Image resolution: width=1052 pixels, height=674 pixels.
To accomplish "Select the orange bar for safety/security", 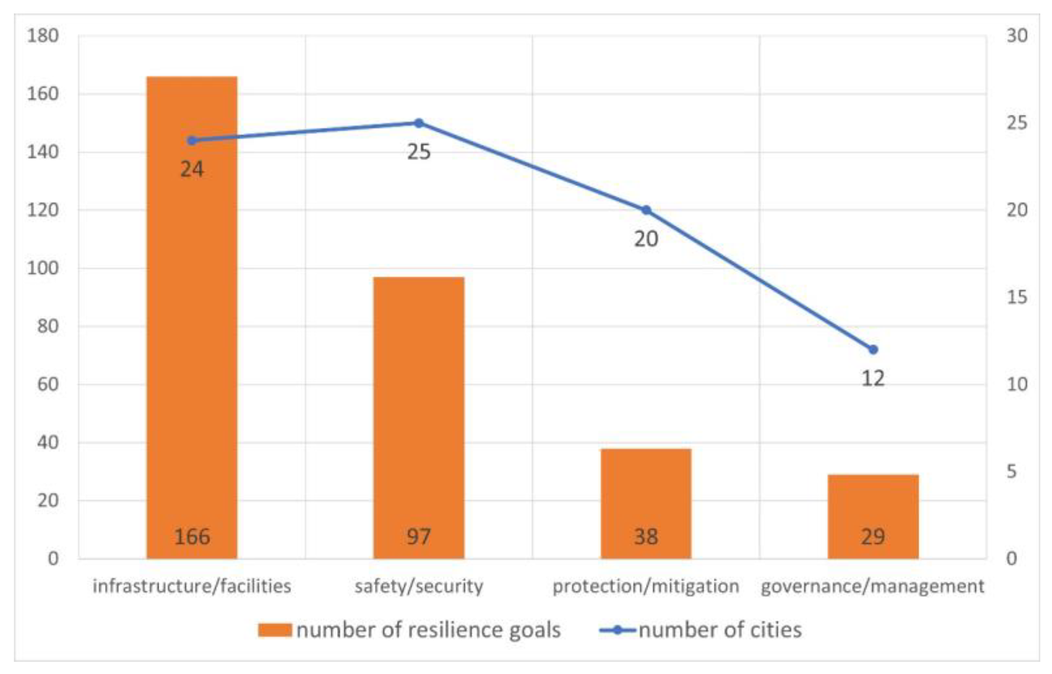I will (x=419, y=416).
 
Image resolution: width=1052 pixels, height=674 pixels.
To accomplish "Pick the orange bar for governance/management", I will (x=873, y=503).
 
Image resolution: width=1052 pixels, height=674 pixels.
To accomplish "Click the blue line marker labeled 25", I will (x=419, y=123).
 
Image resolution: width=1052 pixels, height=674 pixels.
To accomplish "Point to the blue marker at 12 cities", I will (x=873, y=350).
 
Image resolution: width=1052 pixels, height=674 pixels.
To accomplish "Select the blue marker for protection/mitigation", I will (x=646, y=210).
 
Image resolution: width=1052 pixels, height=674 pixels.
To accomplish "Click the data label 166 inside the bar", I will (x=192, y=536).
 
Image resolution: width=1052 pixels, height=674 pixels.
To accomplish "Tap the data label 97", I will (x=419, y=536).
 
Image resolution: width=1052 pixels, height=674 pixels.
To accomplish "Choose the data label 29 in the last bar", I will (x=873, y=536).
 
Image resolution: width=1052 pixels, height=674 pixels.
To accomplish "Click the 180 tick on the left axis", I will (x=43, y=36).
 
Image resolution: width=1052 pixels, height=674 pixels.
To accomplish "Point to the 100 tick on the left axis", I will (x=43, y=268).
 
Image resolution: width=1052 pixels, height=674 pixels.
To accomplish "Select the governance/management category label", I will (x=873, y=586).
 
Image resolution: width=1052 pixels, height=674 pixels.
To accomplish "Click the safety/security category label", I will (x=419, y=586).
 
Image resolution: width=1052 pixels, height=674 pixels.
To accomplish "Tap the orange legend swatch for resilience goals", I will (x=275, y=630).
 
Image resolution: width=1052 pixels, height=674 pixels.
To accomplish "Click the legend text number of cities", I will (x=720, y=630).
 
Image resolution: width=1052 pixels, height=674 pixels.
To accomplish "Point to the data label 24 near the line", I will (x=192, y=169).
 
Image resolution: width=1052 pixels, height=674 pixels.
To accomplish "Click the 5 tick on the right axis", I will (x=1012, y=471).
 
